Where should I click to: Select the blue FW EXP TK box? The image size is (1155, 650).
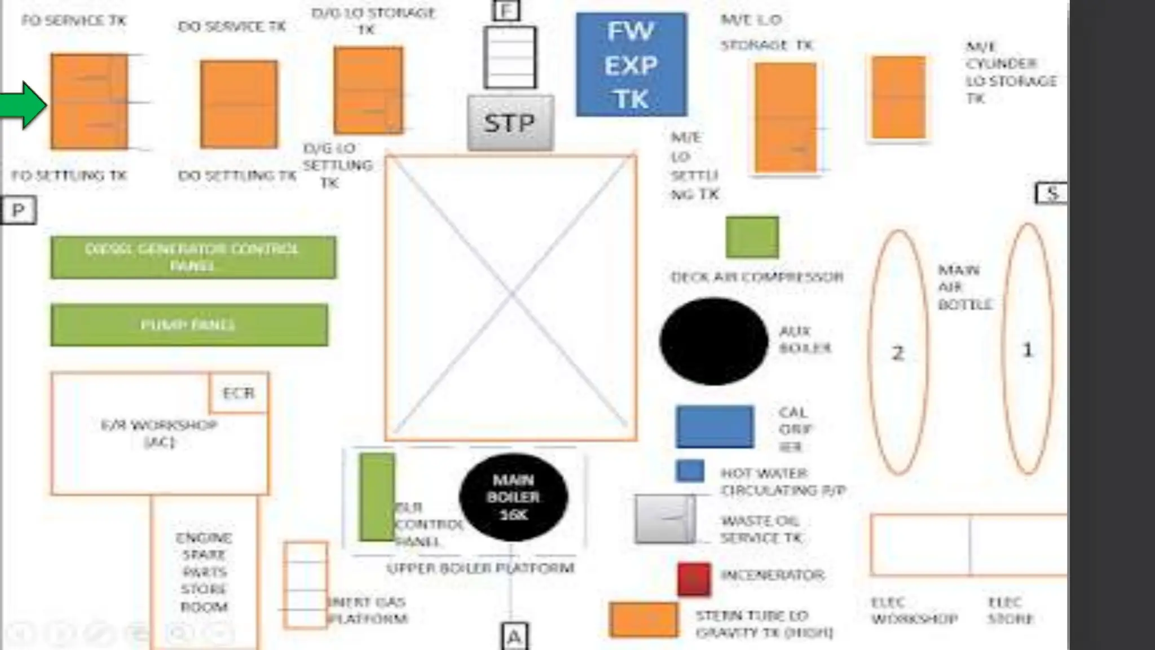[x=631, y=65]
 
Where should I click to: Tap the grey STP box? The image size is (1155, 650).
[x=510, y=123]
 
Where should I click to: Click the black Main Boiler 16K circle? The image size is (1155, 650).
[x=513, y=497]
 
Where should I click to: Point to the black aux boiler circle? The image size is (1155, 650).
[x=713, y=341]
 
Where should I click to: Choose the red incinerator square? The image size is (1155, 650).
[x=694, y=579]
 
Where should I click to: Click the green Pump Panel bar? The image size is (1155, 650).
[x=189, y=325]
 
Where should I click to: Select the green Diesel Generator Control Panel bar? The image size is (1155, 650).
[x=193, y=257]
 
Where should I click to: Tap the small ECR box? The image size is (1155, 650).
[x=239, y=393]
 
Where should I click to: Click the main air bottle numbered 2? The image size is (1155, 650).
[x=898, y=353]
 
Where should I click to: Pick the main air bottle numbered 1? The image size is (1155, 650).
[x=1028, y=349]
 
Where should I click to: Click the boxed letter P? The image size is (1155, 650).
[x=18, y=210]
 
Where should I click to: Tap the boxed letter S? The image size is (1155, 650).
[x=1052, y=194]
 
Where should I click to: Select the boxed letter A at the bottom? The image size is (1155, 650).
[x=514, y=636]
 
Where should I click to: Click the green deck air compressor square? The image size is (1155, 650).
[x=752, y=237]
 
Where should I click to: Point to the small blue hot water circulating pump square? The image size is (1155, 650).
[x=690, y=471]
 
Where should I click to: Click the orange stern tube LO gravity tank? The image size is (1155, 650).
[x=643, y=620]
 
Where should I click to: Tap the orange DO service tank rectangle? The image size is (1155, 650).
[x=239, y=104]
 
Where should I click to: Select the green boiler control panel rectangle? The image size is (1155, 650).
[x=377, y=497]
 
